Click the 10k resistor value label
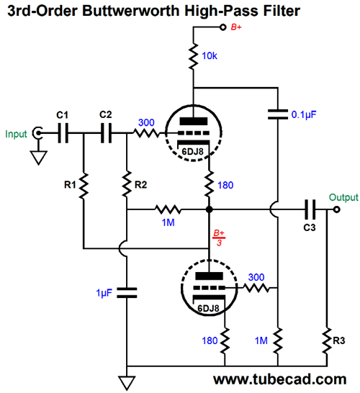pos(210,56)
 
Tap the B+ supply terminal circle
pos(222,27)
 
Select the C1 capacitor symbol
pos(63,133)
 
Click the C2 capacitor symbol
pos(106,133)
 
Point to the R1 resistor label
pos(70,185)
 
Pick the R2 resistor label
pos(140,185)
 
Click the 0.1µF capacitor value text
pos(304,114)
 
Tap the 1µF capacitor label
pos(104,293)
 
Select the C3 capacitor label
pos(310,227)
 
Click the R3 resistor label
pos(338,340)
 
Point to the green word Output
pos(343,197)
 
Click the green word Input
pos(16,134)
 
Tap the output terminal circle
pos(337,209)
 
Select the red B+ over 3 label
pos(219,238)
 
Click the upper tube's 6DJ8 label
pos(192,152)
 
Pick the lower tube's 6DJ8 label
pos(208,308)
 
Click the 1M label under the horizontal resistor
pos(168,222)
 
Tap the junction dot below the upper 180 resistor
pos(209,209)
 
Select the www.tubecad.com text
pos(280,380)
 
